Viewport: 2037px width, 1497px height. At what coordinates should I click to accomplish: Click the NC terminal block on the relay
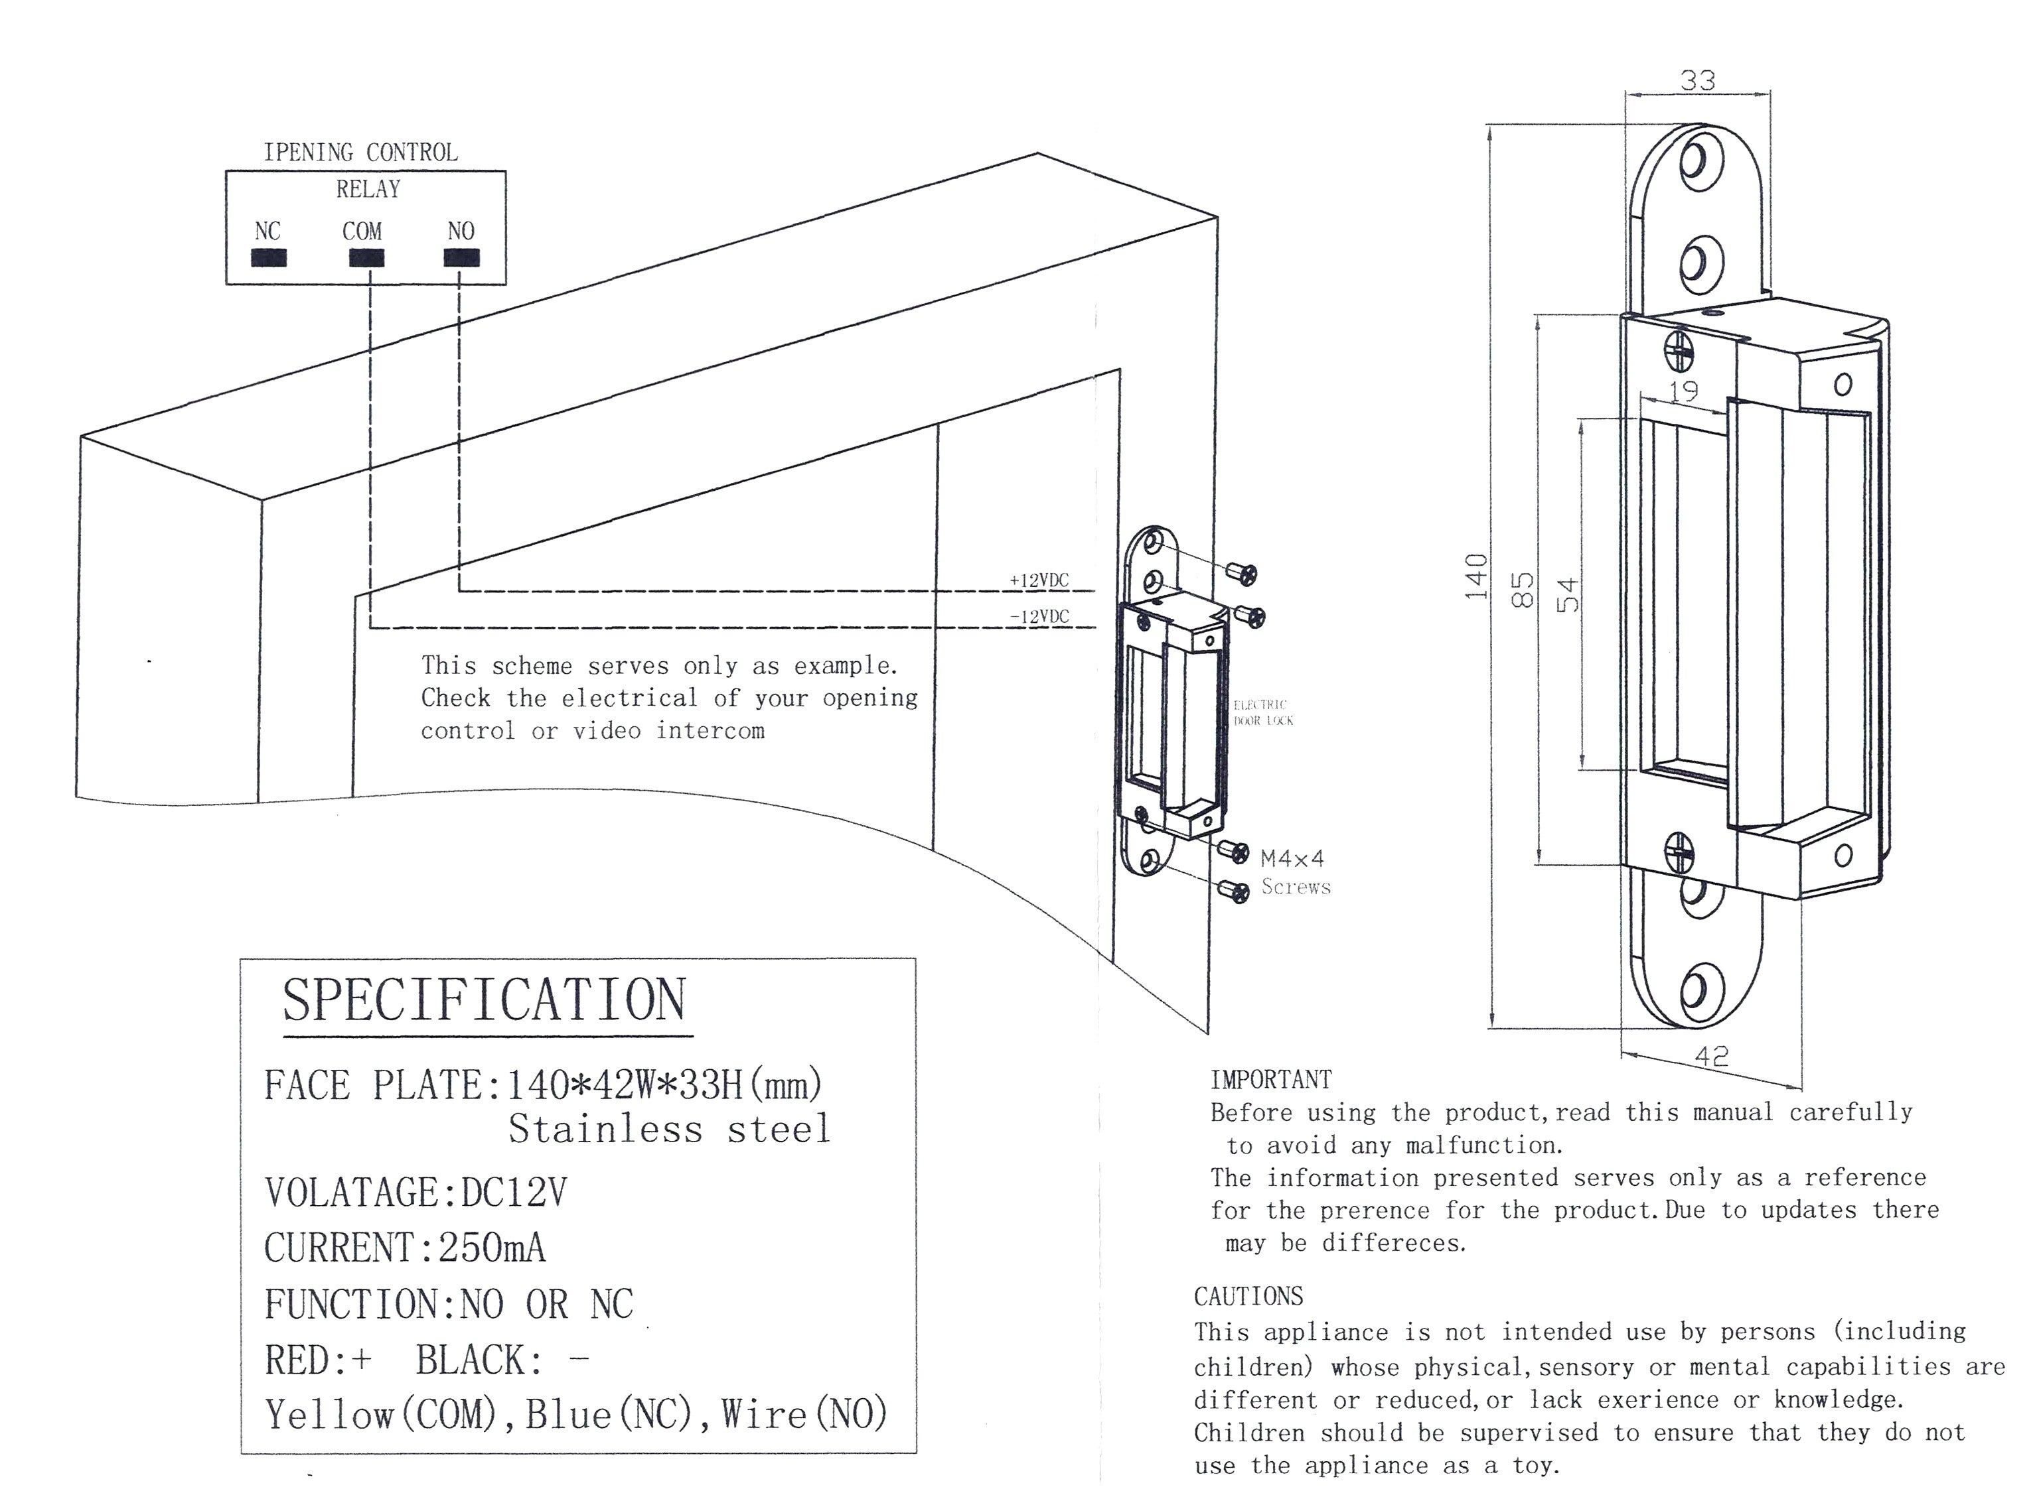[x=268, y=258]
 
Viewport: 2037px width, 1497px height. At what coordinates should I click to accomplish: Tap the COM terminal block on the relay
[x=366, y=258]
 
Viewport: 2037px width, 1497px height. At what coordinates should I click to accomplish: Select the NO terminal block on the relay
[x=461, y=258]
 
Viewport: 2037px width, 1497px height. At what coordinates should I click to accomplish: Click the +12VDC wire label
[x=1039, y=580]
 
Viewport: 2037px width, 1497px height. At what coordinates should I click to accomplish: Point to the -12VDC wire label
[x=1039, y=616]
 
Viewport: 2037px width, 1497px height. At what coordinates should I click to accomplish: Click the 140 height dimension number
[x=1476, y=576]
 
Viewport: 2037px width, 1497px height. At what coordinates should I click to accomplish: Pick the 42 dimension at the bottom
[x=1710, y=1056]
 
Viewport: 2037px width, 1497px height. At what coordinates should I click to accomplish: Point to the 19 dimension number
[x=1683, y=391]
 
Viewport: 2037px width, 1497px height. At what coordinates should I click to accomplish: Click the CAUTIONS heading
[x=1248, y=1296]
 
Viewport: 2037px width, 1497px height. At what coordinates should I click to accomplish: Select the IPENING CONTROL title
[x=360, y=153]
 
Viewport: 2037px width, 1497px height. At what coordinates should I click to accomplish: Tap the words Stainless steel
[x=669, y=1129]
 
